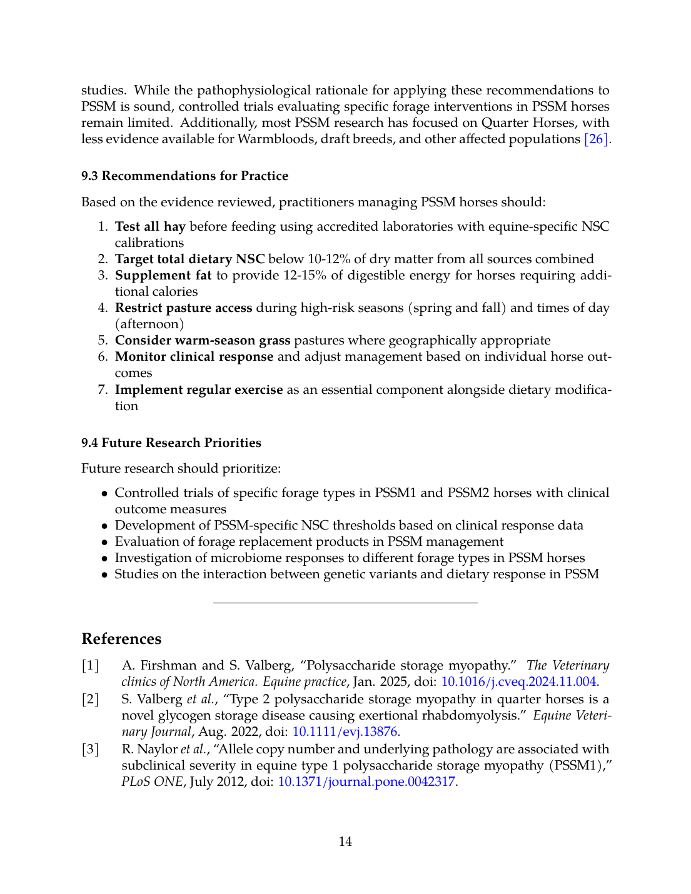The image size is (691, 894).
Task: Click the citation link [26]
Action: coord(596,139)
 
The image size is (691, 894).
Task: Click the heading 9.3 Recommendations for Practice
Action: coord(184,176)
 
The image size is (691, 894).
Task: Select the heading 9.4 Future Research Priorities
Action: coord(171,443)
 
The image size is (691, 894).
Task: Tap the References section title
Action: coord(121,638)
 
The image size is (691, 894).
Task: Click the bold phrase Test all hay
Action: coord(150,226)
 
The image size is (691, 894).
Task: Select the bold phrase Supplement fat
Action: coord(163,275)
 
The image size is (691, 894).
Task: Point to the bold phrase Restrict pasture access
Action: coord(183,308)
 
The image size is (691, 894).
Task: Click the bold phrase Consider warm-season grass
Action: coord(203,340)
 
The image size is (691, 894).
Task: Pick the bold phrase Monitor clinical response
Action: coord(194,356)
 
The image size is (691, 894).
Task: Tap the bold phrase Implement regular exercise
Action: coord(199,389)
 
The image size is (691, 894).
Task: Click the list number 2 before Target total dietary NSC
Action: coord(103,259)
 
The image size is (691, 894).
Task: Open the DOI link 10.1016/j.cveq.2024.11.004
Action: coord(518,681)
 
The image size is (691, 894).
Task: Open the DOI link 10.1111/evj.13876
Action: coord(345,731)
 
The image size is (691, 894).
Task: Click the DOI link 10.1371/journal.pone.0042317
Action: coord(366,781)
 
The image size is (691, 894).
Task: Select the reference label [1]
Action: coord(91,665)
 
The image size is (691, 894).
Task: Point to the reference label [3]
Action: coord(91,749)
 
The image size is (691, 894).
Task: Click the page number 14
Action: coord(345,841)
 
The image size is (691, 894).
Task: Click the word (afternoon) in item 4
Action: coord(149,324)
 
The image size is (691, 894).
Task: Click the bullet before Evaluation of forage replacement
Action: coord(105,541)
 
